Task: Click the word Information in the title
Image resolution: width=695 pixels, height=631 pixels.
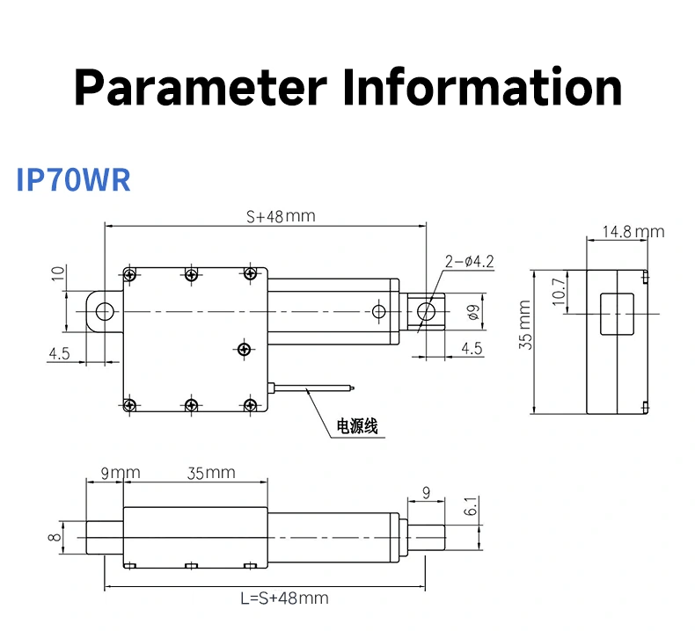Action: (482, 87)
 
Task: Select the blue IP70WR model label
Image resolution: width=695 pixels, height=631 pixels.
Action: (74, 178)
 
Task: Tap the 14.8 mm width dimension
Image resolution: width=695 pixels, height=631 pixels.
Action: (633, 232)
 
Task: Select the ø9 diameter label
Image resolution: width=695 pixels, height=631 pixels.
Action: (472, 311)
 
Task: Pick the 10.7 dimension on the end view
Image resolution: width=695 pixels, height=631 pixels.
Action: (558, 292)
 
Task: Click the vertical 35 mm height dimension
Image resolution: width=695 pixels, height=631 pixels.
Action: (525, 325)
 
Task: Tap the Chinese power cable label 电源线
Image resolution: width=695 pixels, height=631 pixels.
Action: (357, 427)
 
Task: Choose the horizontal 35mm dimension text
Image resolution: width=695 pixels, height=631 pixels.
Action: (211, 473)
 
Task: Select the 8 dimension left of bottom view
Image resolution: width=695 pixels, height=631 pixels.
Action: (55, 537)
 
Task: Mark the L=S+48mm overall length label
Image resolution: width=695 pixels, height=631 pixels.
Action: (284, 598)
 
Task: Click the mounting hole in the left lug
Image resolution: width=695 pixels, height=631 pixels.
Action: (105, 310)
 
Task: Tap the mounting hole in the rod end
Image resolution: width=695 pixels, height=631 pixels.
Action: (427, 310)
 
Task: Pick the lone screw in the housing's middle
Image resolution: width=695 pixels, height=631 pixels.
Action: (244, 349)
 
